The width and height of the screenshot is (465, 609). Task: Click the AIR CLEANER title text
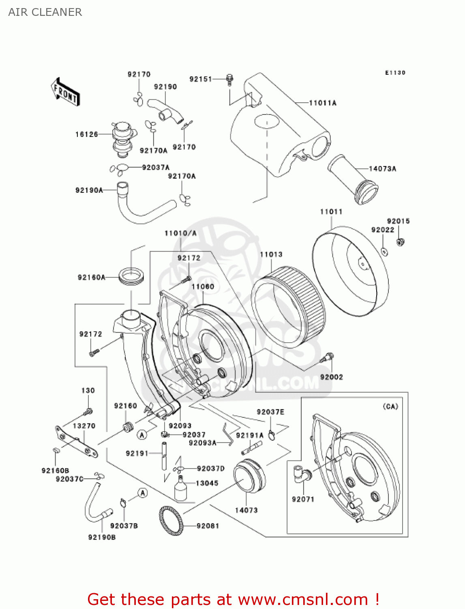[x=45, y=12]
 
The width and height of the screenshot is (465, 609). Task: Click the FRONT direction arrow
[x=65, y=92]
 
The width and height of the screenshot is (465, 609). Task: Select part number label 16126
[x=86, y=134]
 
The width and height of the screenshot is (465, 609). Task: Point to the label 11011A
[x=322, y=103]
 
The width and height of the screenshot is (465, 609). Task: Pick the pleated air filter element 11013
[x=288, y=307]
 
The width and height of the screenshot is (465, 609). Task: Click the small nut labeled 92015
[x=401, y=242]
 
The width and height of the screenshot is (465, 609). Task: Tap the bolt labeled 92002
[x=328, y=358]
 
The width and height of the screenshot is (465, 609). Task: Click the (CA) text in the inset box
[x=390, y=406]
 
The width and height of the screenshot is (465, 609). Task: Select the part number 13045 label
[x=207, y=483]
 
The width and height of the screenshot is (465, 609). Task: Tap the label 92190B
[x=102, y=537]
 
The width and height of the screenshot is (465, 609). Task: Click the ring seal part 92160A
[x=131, y=276]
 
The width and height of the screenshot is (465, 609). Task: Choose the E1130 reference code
[x=395, y=73]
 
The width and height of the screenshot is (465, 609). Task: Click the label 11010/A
[x=180, y=233]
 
